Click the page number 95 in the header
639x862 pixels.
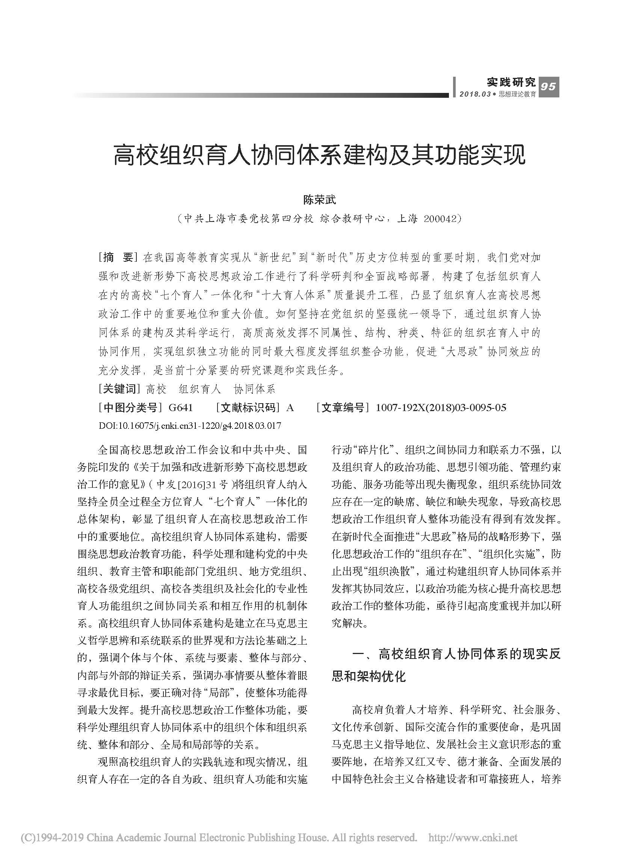coord(548,87)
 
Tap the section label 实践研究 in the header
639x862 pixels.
coord(511,82)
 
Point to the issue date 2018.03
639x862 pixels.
coord(474,94)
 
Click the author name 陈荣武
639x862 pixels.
coord(319,200)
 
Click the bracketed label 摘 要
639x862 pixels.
coord(118,257)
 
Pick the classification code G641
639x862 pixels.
coord(181,407)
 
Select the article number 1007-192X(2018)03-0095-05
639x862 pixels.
coord(441,407)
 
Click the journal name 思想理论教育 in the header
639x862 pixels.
coord(517,94)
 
